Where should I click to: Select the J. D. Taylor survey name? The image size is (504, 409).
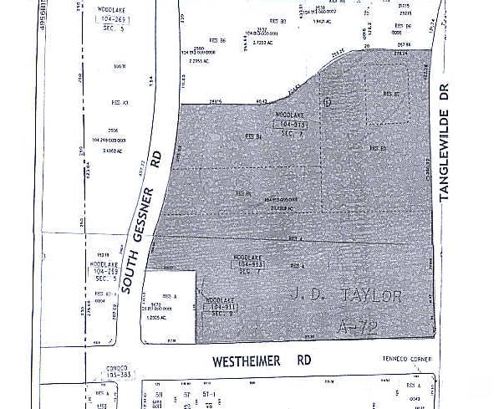[349, 295]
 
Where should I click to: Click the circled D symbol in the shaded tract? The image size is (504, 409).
[328, 102]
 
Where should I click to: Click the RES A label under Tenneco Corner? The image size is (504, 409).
[411, 384]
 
